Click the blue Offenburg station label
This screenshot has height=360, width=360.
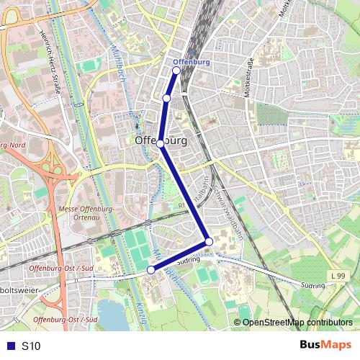pos(192,62)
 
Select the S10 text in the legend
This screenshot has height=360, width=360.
pos(31,346)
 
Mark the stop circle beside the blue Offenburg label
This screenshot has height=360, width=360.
pos(176,71)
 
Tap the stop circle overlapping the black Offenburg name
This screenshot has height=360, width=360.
pos(161,143)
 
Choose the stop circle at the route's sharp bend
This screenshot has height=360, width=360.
pos(209,241)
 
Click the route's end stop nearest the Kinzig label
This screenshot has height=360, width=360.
pos(151,270)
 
